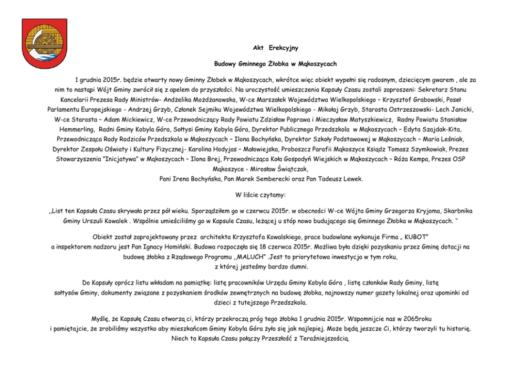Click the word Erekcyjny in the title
[x=283, y=48]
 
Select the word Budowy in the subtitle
[x=225, y=64]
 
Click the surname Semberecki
[x=283, y=179]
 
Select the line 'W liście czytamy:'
[x=260, y=194]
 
